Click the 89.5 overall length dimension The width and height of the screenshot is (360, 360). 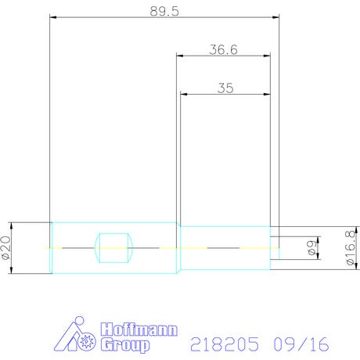point(164,11)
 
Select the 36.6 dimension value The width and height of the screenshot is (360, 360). point(223,49)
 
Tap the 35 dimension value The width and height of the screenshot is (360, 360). point(225,88)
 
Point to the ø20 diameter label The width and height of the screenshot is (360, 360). point(6,248)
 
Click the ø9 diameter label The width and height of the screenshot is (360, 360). point(311,248)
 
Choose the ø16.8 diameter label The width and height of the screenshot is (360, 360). point(351,248)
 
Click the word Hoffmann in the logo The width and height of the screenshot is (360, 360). point(139,329)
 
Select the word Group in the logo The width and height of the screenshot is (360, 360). point(125,345)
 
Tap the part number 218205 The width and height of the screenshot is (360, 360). point(225,344)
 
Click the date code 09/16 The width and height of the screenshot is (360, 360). point(301,344)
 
